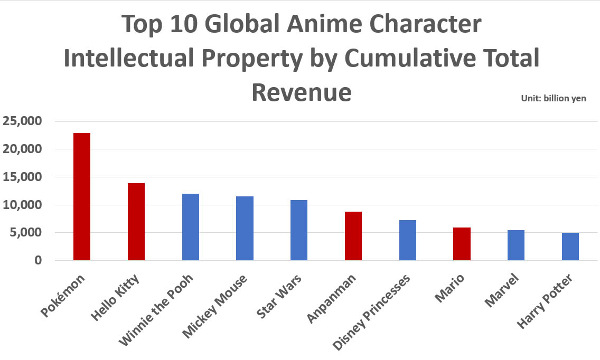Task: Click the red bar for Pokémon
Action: pos(82,196)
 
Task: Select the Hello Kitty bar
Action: pos(136,222)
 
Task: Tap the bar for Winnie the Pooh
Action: pos(191,227)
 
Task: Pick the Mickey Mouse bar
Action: pos(245,228)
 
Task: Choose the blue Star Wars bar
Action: pos(299,230)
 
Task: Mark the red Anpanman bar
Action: pos(353,236)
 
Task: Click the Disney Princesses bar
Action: pos(408,240)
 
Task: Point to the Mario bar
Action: pos(462,244)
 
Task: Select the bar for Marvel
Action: pos(516,245)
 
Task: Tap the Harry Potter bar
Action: pos(570,247)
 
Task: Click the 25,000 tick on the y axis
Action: pos(22,121)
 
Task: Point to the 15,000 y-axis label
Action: pos(22,177)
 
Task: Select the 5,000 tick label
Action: pos(26,232)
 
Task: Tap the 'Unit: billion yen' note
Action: pos(553,98)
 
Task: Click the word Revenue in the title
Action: pos(301,92)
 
